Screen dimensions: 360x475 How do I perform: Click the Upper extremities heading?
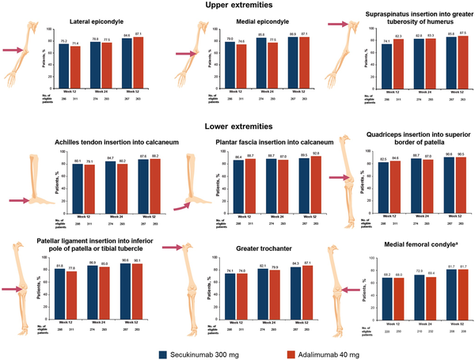click(237, 7)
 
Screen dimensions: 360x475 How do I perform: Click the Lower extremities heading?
click(237, 126)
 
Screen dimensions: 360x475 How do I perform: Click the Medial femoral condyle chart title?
click(412, 245)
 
